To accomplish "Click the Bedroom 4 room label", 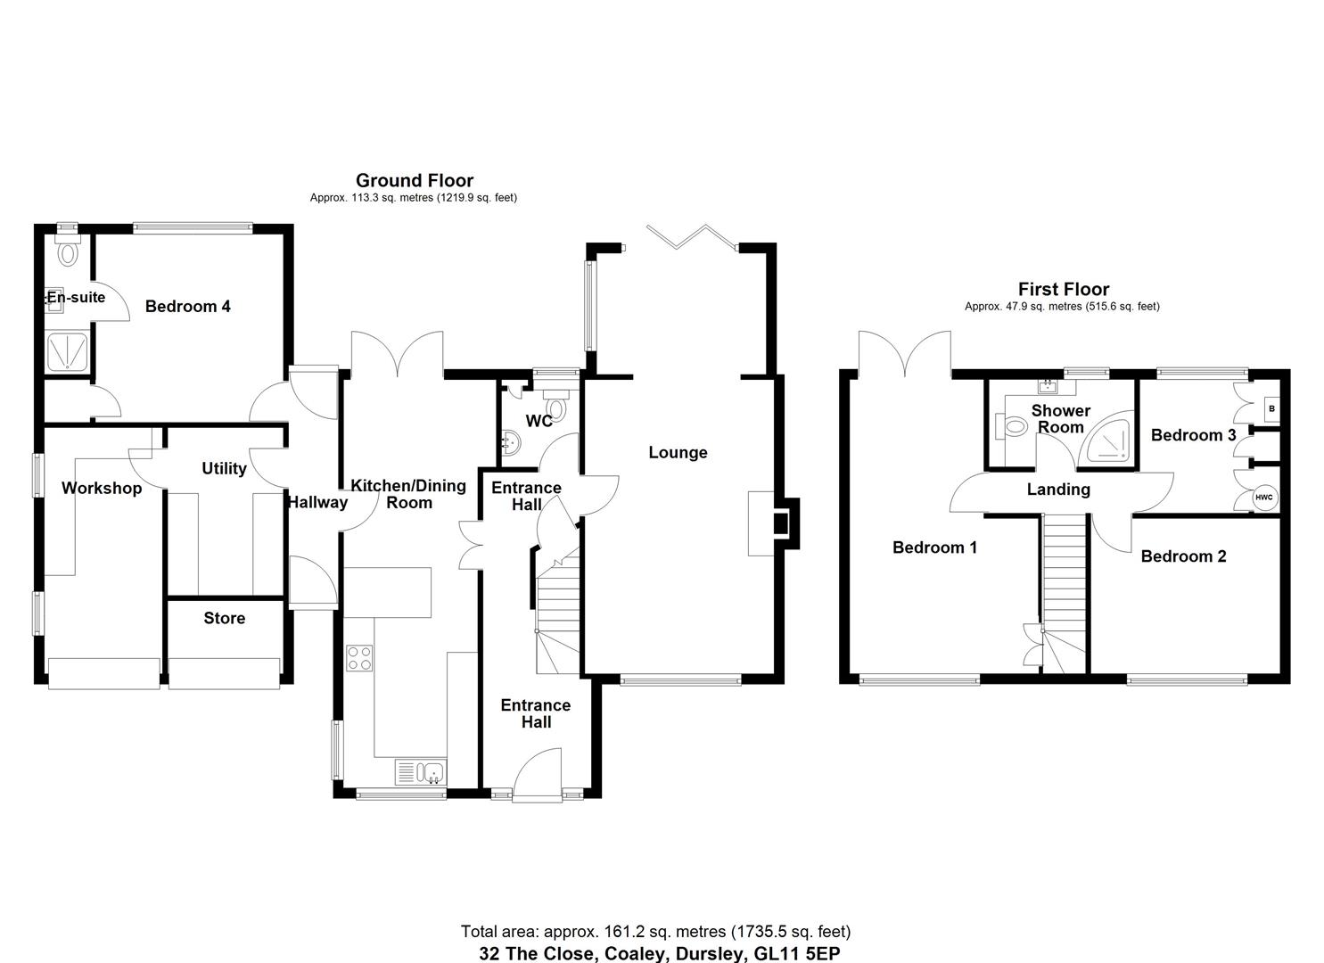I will coord(187,307).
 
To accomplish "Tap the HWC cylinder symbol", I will coord(1264,498).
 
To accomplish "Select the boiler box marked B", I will coord(1271,409).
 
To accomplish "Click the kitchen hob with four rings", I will coord(359,658).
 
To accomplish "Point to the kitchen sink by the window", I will coord(420,771).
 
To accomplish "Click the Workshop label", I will coord(102,489).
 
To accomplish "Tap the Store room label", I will coord(224,618).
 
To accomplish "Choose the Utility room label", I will coord(224,468).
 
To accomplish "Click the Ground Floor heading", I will coord(414,181).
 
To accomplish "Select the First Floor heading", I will coord(1063,289).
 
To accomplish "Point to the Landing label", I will coord(1058,490).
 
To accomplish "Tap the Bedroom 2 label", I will coord(1183,556).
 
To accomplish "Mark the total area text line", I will coord(655,932).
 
